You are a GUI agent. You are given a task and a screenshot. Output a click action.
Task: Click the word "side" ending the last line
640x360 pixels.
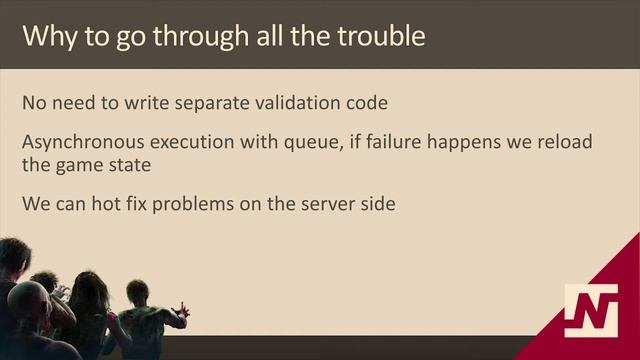pyautogui.click(x=379, y=204)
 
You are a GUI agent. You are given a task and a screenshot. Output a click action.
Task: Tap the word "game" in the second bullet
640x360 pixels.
pyautogui.click(x=81, y=164)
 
